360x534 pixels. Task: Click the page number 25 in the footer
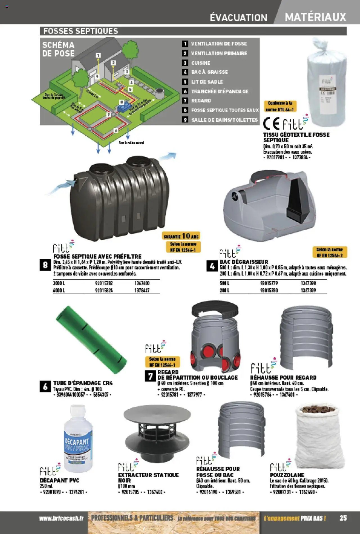tap(343, 518)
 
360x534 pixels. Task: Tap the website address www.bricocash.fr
tap(61, 518)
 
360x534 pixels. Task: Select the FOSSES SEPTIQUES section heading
tap(81, 31)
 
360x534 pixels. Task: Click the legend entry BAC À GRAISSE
tap(209, 72)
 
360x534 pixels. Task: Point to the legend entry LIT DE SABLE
tap(207, 82)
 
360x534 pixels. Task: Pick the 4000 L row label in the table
tap(59, 290)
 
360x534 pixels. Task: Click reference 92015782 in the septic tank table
tap(104, 283)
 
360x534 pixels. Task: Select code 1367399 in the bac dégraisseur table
tap(308, 290)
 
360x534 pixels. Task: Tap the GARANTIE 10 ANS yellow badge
tap(181, 236)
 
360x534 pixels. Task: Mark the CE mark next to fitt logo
tap(271, 124)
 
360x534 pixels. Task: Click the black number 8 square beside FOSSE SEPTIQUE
tap(45, 265)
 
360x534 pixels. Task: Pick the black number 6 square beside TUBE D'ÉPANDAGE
tap(45, 387)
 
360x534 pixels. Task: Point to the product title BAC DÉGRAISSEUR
tap(244, 262)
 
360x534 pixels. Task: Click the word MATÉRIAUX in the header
tap(315, 17)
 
